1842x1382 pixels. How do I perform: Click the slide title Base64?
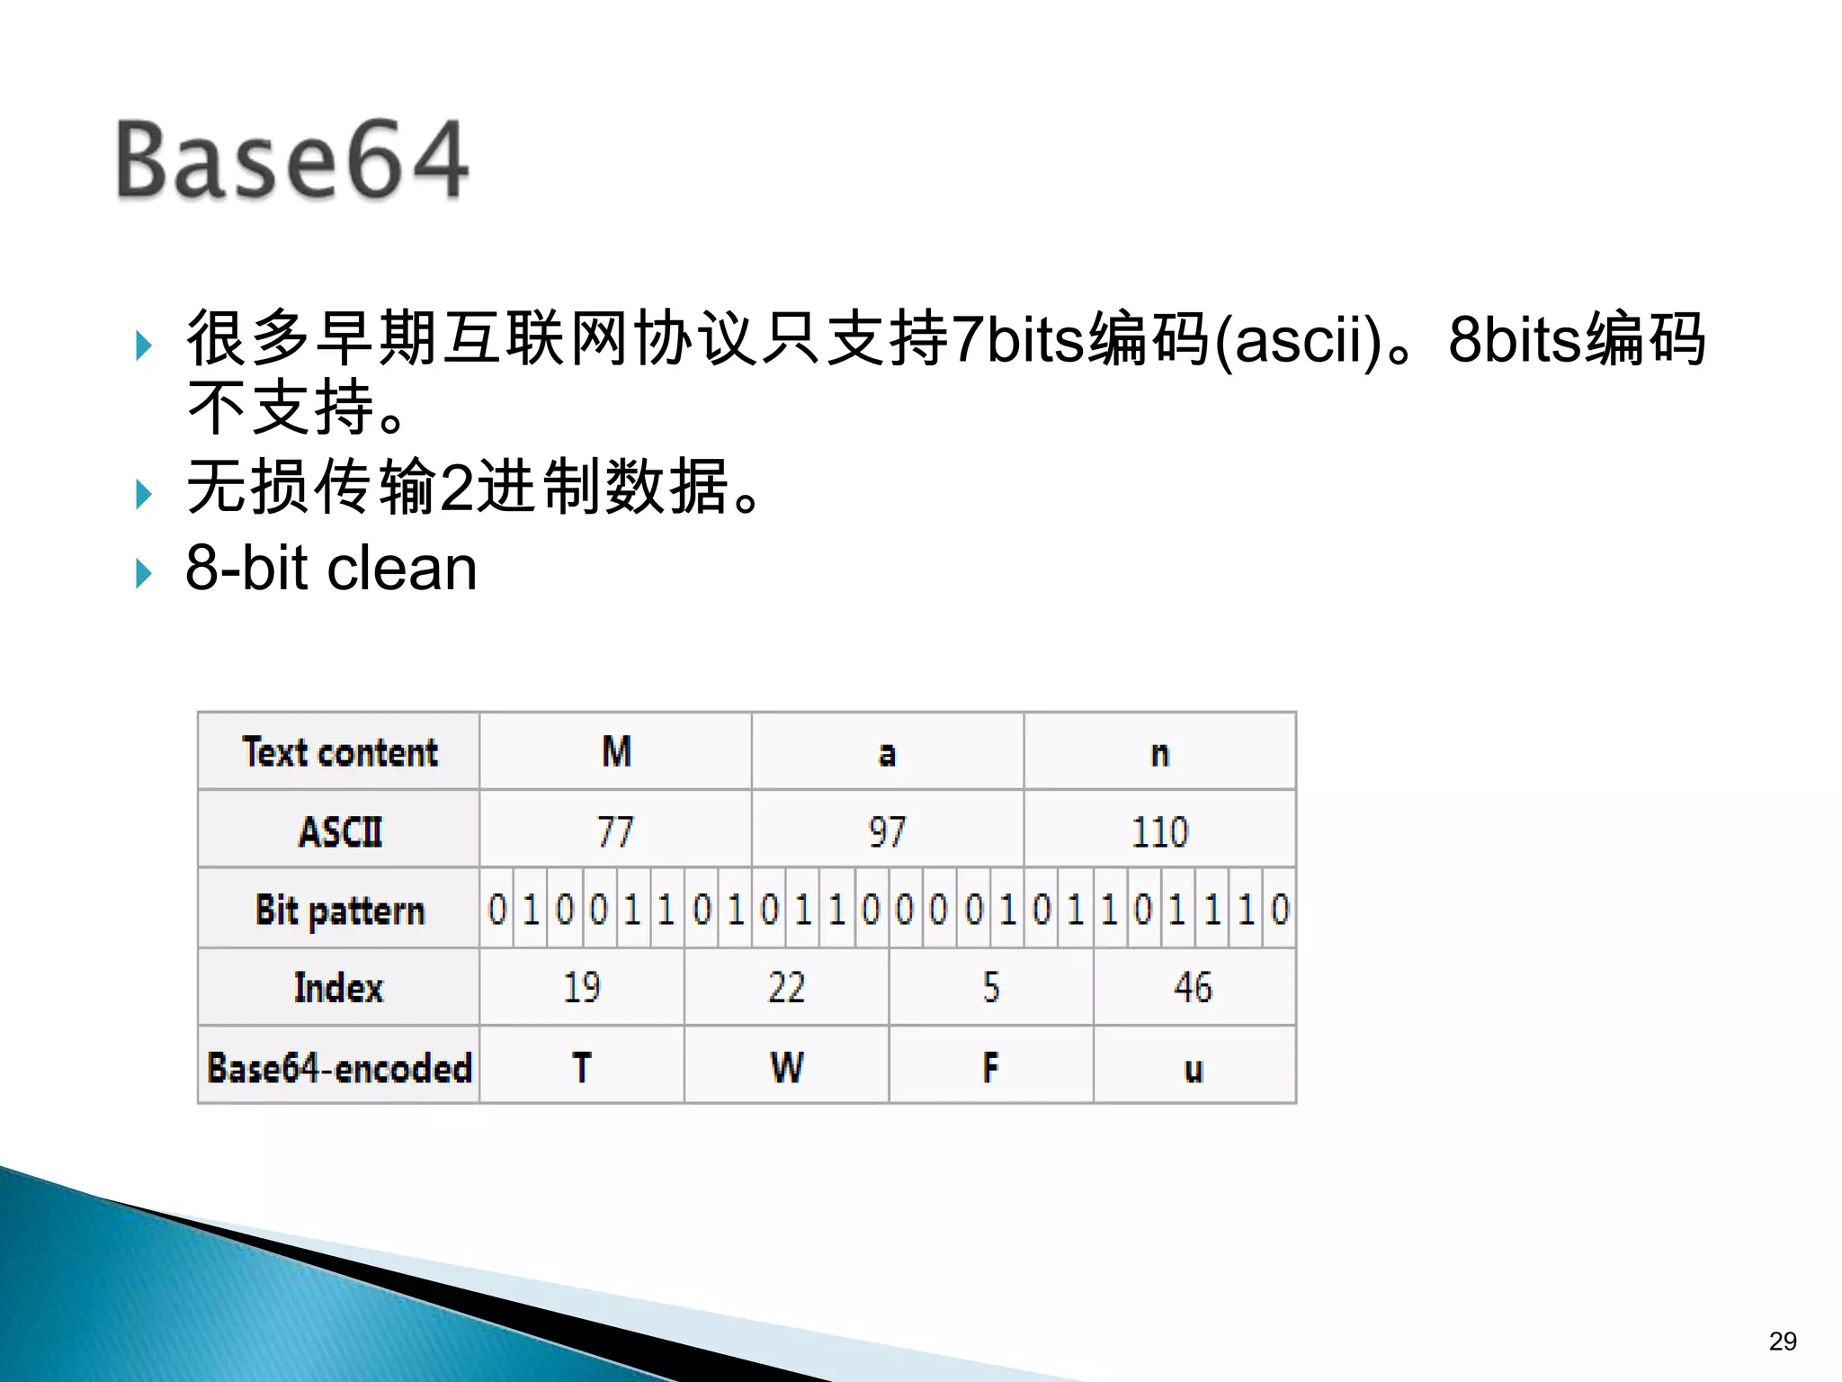[x=292, y=160]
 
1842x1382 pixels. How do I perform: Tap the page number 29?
[x=1782, y=1342]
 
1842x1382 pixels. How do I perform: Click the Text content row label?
[x=339, y=752]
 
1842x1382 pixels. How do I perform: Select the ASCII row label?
[x=339, y=831]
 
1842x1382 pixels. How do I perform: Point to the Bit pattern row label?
[x=339, y=910]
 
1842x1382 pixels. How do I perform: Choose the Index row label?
[x=339, y=988]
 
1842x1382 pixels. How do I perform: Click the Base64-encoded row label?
[x=339, y=1067]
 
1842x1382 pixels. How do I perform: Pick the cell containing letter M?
[x=616, y=752]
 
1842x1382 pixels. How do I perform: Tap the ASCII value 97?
[x=887, y=831]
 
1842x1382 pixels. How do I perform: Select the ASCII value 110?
[x=1159, y=831]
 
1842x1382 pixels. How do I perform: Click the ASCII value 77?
[x=616, y=831]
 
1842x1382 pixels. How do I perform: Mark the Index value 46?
[x=1193, y=988]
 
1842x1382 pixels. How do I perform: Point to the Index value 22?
[x=786, y=988]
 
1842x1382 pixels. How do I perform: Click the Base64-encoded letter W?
[x=786, y=1067]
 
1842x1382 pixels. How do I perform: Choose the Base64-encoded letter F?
[x=990, y=1067]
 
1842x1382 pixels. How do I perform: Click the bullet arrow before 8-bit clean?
[x=144, y=572]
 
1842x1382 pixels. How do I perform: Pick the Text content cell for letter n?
[x=1159, y=752]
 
